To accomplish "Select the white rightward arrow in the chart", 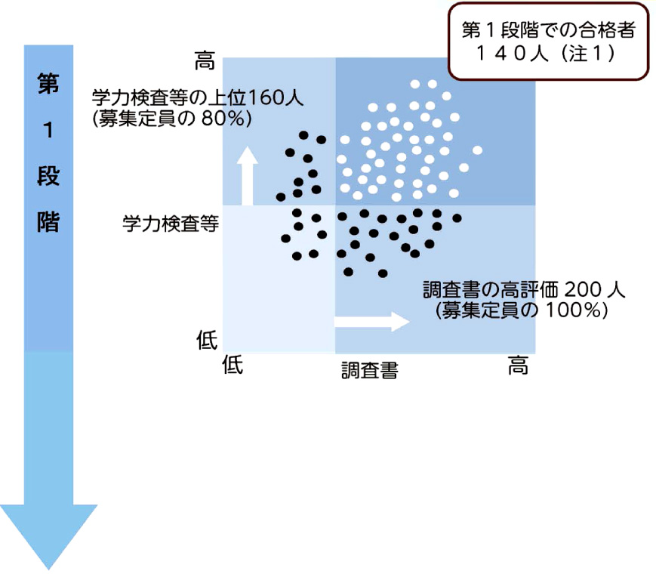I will (371, 321).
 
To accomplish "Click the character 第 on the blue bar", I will (48, 84).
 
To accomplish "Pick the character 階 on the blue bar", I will (48, 222).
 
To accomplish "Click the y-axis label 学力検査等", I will (171, 224).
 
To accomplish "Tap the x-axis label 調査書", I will (369, 370).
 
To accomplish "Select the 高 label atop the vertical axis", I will (205, 61).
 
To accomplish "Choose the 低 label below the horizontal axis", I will (233, 366).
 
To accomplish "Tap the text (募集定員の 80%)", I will (171, 119).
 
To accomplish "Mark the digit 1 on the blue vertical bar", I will (48, 130).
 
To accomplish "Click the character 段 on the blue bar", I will (48, 176).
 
